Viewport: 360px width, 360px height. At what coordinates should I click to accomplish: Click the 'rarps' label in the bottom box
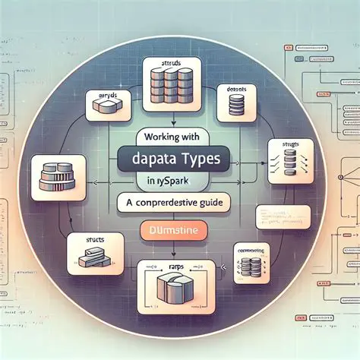point(176,267)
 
